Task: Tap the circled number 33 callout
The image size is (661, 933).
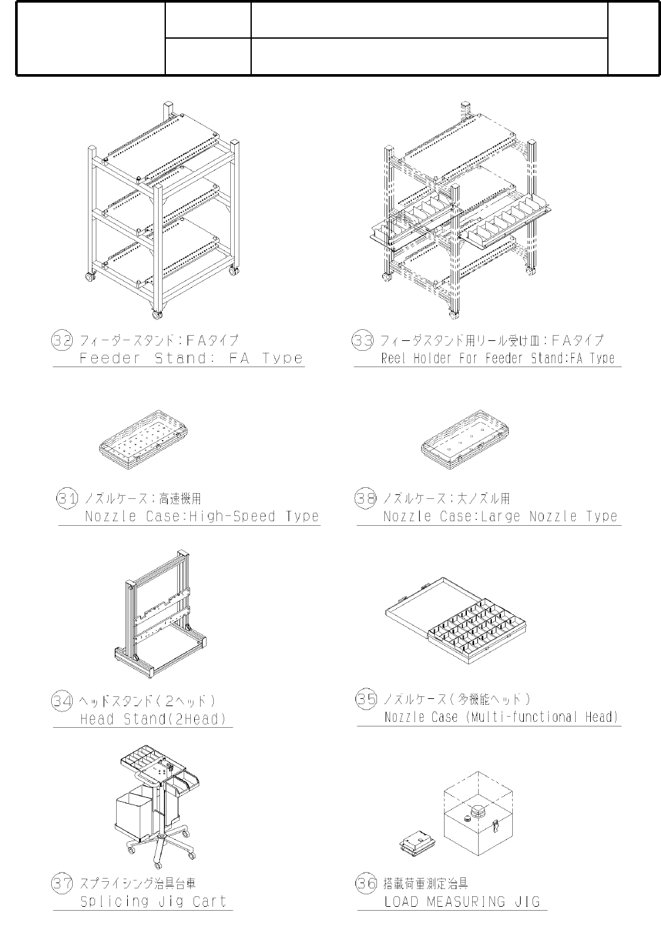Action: (363, 341)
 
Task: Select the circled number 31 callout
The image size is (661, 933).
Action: (68, 498)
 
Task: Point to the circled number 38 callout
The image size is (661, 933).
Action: (365, 498)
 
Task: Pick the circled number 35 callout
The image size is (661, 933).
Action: (366, 699)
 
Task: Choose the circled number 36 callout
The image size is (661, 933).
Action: (366, 884)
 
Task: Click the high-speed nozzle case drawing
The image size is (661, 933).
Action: (144, 440)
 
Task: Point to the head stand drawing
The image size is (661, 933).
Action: (161, 616)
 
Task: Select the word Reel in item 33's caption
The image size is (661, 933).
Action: (394, 359)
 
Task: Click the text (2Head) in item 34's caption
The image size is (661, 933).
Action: (197, 719)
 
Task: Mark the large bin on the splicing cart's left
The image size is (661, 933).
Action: (135, 820)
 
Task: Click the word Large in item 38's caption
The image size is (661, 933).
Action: (501, 517)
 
